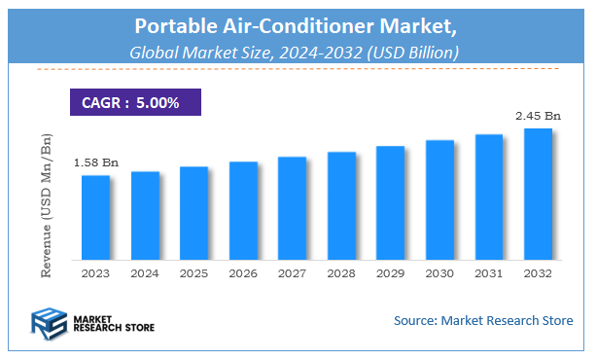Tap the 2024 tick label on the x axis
[x=145, y=273]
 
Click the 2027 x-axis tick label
[x=292, y=273]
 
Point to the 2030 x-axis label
[x=439, y=273]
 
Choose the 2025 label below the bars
[x=193, y=273]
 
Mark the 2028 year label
[x=341, y=273]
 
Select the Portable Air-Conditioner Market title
[x=298, y=26]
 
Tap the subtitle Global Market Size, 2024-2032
[x=298, y=51]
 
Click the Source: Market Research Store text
[x=482, y=319]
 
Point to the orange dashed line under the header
[x=298, y=69]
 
